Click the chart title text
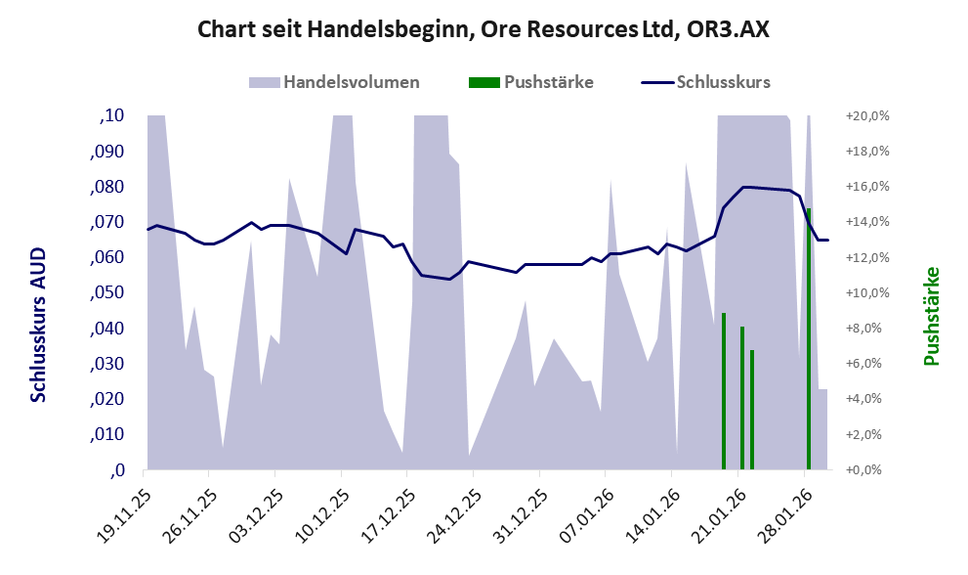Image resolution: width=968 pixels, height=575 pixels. pos(484,29)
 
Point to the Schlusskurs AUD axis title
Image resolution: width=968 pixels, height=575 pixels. pos(38,325)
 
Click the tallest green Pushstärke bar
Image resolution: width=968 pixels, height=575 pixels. pos(809,338)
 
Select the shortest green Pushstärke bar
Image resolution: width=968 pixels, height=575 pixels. pos(752,409)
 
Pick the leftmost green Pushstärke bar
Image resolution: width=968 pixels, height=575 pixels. pos(724,391)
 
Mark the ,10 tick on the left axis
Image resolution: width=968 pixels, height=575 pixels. pos(113,115)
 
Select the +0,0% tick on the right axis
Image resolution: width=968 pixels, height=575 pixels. pos(868,470)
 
